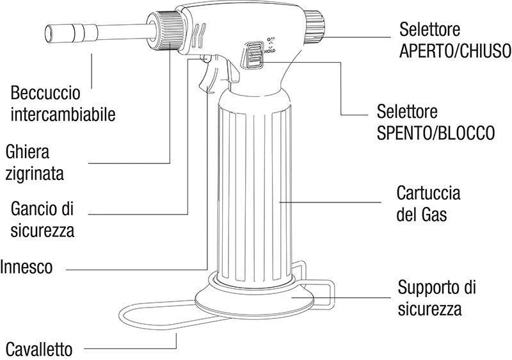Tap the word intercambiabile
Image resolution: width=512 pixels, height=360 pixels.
63,115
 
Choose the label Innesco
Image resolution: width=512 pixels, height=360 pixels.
27,266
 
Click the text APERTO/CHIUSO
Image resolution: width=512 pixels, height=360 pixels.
454,51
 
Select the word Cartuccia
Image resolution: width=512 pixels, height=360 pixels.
428,192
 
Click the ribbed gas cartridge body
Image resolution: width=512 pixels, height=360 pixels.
256,192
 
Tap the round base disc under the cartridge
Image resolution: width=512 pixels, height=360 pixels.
256,301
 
